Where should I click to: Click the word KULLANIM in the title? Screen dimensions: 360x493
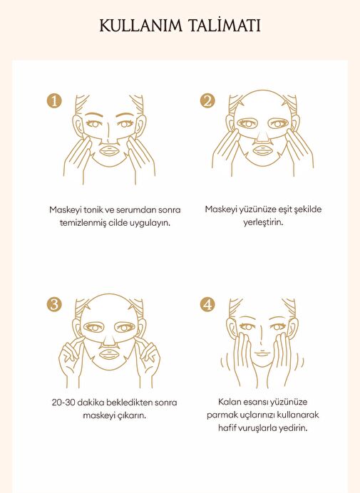(141, 26)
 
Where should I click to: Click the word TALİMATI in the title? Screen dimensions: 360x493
(225, 25)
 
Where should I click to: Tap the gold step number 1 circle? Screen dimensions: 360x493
(54, 101)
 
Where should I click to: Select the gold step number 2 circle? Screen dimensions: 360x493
(207, 101)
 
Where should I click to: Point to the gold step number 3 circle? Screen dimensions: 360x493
(54, 305)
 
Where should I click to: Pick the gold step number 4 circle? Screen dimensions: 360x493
(207, 305)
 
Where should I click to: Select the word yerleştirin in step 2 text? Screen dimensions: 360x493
(263, 222)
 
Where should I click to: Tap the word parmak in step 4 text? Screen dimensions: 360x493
(220, 415)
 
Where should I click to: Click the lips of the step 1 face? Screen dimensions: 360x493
(109, 150)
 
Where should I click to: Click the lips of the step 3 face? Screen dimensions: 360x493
(109, 354)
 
